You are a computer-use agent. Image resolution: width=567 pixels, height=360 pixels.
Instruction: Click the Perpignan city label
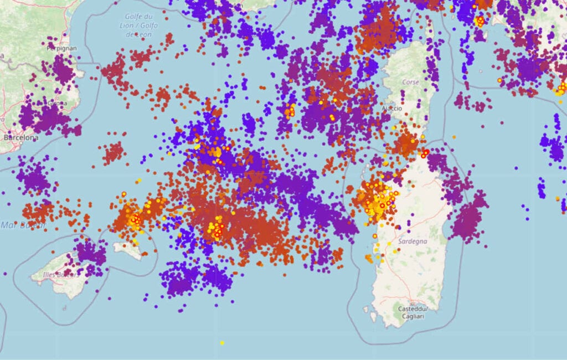pyautogui.click(x=63, y=48)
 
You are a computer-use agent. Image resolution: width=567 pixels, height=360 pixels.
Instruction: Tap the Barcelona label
pyautogui.click(x=21, y=137)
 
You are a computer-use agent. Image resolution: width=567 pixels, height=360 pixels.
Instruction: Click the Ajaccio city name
pyautogui.click(x=393, y=109)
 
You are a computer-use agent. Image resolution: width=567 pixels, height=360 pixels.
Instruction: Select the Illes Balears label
pyautogui.click(x=55, y=274)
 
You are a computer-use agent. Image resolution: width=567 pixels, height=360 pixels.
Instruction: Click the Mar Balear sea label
pyautogui.click(x=16, y=224)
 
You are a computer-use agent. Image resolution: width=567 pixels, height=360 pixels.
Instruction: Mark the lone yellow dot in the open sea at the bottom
pyautogui.click(x=222, y=343)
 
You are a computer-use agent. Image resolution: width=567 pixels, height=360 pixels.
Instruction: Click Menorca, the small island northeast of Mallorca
pyautogui.click(x=128, y=250)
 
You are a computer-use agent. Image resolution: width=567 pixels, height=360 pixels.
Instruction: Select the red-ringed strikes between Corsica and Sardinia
pyautogui.click(x=425, y=153)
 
